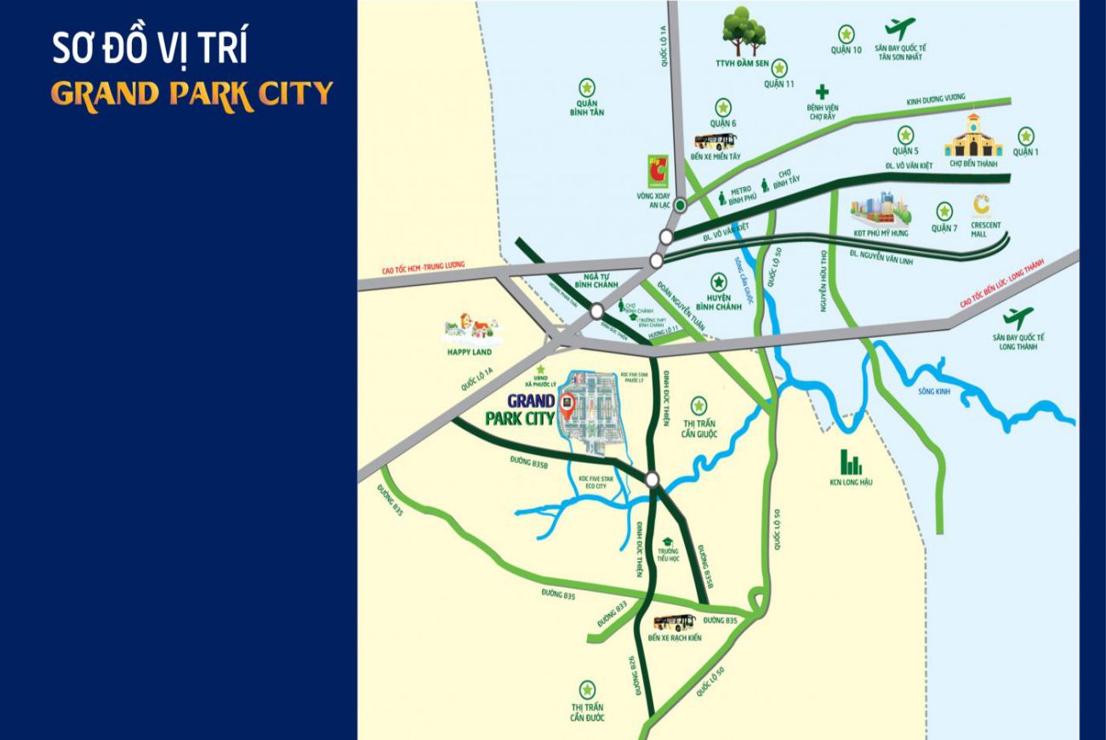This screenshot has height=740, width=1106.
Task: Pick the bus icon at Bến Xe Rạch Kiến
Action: pos(674,622)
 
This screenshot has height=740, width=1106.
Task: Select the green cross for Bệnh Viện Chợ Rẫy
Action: pos(822,91)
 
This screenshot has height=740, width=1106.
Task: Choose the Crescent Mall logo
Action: pos(983,206)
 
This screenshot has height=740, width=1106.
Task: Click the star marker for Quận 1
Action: pos(1027,135)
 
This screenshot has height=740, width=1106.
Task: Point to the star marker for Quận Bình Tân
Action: pos(586,87)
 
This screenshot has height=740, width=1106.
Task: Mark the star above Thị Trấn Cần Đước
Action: pos(587,689)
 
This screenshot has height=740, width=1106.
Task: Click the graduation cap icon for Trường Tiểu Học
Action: pos(668,542)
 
